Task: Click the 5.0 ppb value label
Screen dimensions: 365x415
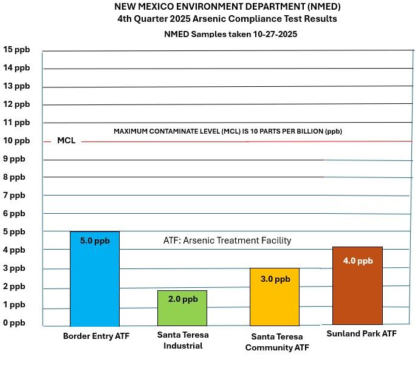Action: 95,240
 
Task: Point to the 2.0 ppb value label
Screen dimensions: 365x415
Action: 183,299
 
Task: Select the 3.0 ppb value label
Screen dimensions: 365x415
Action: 275,279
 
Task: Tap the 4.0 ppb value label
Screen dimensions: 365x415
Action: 358,261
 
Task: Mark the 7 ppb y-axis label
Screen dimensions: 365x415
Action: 15,195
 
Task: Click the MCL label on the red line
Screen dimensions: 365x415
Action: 66,140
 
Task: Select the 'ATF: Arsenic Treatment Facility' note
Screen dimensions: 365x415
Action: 227,240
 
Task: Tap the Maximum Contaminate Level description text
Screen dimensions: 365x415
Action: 232,131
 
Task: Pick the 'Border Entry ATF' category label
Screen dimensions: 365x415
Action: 96,335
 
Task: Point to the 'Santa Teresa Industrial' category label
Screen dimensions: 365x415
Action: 183,340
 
